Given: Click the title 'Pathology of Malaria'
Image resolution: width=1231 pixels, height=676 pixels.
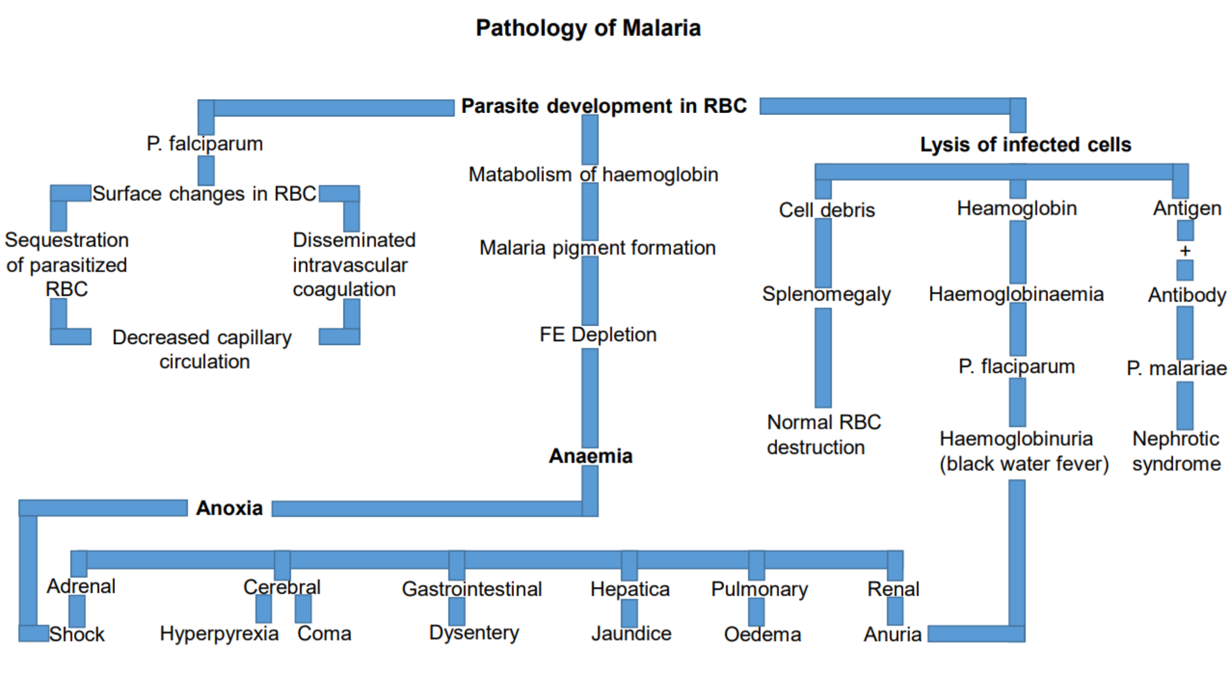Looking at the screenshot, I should (x=588, y=28).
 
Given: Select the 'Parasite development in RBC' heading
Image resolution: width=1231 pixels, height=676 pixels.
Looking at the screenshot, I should (x=604, y=106).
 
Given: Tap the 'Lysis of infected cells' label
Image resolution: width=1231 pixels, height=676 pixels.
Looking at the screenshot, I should (x=1025, y=144).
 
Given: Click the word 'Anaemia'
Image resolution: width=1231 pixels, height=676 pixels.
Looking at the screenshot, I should (x=590, y=456).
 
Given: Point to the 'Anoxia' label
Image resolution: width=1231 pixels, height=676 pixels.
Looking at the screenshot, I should (x=229, y=508).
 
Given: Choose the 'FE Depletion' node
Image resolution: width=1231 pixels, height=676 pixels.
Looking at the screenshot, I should (x=598, y=334).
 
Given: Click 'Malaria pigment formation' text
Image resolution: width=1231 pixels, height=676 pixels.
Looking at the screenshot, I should (x=597, y=248).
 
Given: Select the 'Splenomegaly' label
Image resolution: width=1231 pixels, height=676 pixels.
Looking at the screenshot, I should (x=826, y=294).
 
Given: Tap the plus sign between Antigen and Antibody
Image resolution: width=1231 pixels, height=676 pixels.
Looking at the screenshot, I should (x=1185, y=251).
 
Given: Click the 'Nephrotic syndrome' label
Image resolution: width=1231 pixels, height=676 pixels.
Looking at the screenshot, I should (x=1176, y=451).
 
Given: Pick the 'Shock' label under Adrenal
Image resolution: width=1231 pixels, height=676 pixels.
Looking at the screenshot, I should (x=77, y=634).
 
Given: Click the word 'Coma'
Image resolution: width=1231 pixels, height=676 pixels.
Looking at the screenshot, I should (x=324, y=634).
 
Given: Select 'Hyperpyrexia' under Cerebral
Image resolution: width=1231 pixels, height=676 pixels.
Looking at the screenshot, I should (x=219, y=634).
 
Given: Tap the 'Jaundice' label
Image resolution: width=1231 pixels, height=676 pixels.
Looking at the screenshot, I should (x=631, y=634).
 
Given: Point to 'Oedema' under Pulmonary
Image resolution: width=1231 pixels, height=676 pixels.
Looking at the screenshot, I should (x=762, y=634).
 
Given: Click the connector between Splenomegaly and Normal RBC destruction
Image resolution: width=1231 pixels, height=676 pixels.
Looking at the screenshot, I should (x=823, y=357).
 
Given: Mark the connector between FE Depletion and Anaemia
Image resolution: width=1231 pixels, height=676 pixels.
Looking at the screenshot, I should (x=590, y=397).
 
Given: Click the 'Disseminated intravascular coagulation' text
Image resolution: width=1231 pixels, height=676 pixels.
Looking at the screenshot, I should (x=353, y=265).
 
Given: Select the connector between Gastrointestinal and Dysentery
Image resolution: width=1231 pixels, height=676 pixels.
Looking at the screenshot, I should (x=457, y=611).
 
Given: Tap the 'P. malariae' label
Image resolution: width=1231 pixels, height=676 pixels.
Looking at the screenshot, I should (x=1176, y=369).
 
